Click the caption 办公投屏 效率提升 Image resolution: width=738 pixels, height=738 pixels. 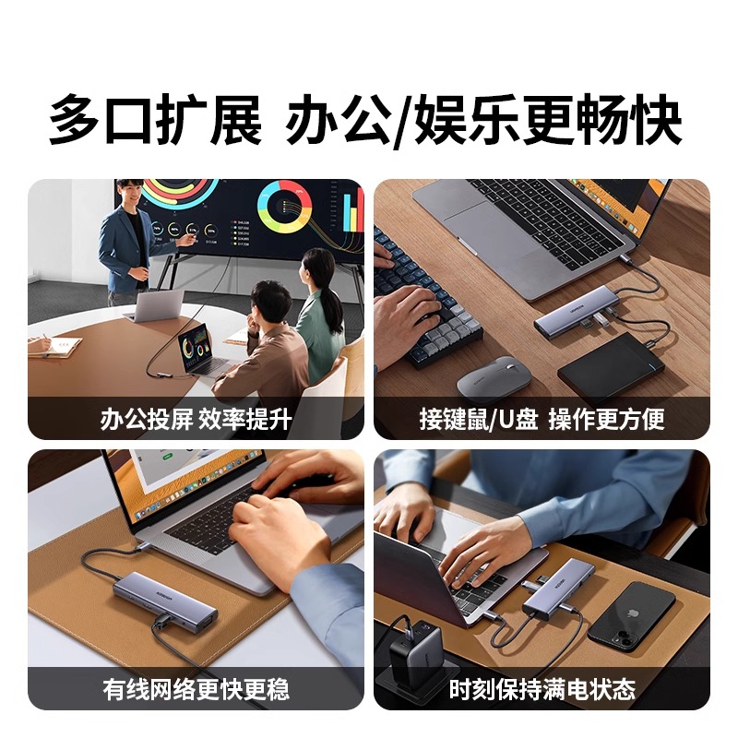[x=196, y=420]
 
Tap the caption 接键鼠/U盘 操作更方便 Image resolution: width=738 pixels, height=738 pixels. [x=542, y=420]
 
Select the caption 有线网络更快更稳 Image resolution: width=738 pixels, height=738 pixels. [x=196, y=689]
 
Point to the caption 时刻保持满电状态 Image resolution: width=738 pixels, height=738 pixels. [x=542, y=689]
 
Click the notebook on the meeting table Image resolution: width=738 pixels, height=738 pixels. [x=54, y=345]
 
